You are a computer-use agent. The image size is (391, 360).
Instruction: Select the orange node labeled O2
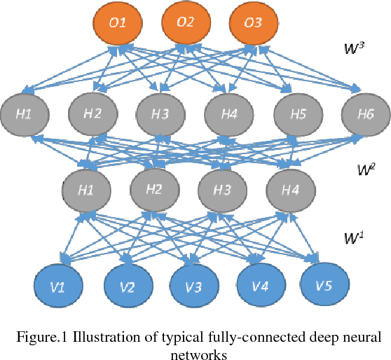tap(185, 23)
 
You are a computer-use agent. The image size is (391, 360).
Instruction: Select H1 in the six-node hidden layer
tap(25, 113)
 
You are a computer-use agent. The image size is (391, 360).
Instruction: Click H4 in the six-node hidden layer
tap(228, 113)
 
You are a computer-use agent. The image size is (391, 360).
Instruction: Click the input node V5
tap(324, 286)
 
